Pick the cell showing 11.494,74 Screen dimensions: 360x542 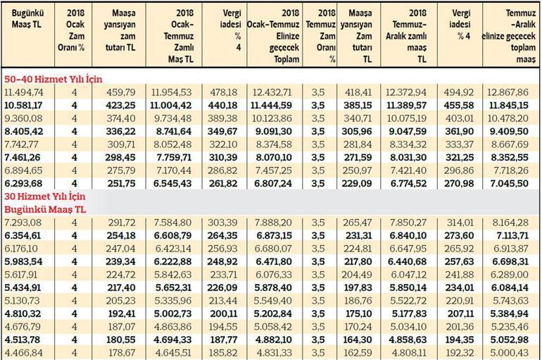tap(24, 92)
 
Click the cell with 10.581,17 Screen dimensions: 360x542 tap(24, 105)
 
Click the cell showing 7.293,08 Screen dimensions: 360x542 tap(24, 223)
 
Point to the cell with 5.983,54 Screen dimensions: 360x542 tap(24, 261)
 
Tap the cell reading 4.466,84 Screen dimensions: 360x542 tap(24, 351)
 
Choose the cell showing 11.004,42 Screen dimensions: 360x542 tap(172, 105)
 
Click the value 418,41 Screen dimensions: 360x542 tap(356, 92)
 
